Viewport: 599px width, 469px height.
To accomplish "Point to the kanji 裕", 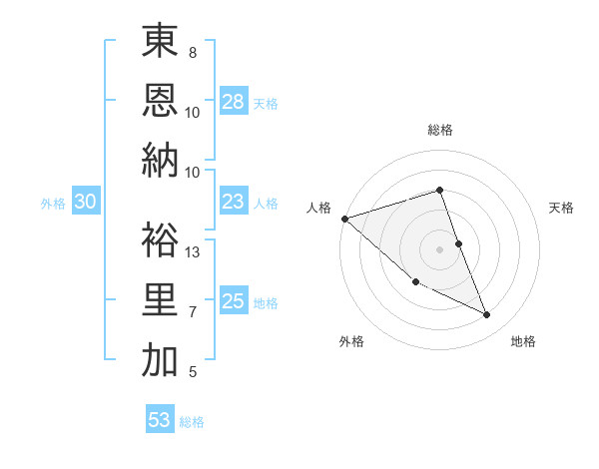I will tap(160, 240).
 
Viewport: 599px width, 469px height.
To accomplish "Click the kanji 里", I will tap(160, 300).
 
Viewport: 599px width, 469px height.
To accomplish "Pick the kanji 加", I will tap(160, 360).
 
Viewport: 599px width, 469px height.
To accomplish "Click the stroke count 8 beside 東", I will tap(193, 52).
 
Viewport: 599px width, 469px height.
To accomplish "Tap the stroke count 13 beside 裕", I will tap(194, 252).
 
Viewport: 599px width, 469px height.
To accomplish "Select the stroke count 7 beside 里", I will tap(193, 312).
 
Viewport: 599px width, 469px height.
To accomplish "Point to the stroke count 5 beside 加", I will tap(193, 372).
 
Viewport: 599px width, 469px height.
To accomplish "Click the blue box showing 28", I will tap(234, 101).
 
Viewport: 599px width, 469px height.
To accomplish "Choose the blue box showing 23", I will tap(234, 202).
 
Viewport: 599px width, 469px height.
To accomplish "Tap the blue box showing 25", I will tap(234, 301).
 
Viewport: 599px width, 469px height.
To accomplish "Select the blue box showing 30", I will tap(85, 202).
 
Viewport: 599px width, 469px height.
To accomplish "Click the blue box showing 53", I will tap(160, 420).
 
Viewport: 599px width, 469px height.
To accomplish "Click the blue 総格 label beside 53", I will tap(193, 422).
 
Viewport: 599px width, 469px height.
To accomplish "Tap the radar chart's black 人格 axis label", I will tap(319, 208).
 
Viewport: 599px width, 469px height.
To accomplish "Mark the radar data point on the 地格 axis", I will tap(487, 315).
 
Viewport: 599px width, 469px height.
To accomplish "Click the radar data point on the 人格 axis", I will tap(344, 219).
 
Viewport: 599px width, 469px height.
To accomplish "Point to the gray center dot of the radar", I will tap(439, 248).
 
